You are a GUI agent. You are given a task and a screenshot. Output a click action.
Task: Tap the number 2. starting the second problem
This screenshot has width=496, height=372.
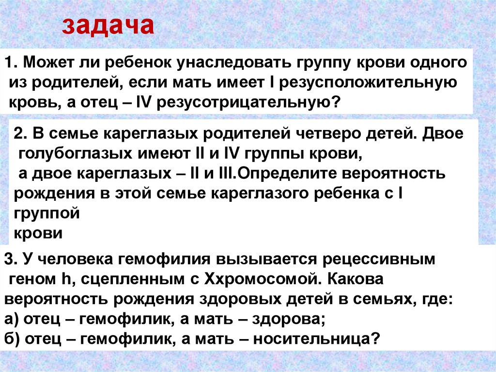[x=20, y=133]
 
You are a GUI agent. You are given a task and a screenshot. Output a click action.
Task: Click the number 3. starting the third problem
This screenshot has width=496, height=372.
[x=10, y=259]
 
